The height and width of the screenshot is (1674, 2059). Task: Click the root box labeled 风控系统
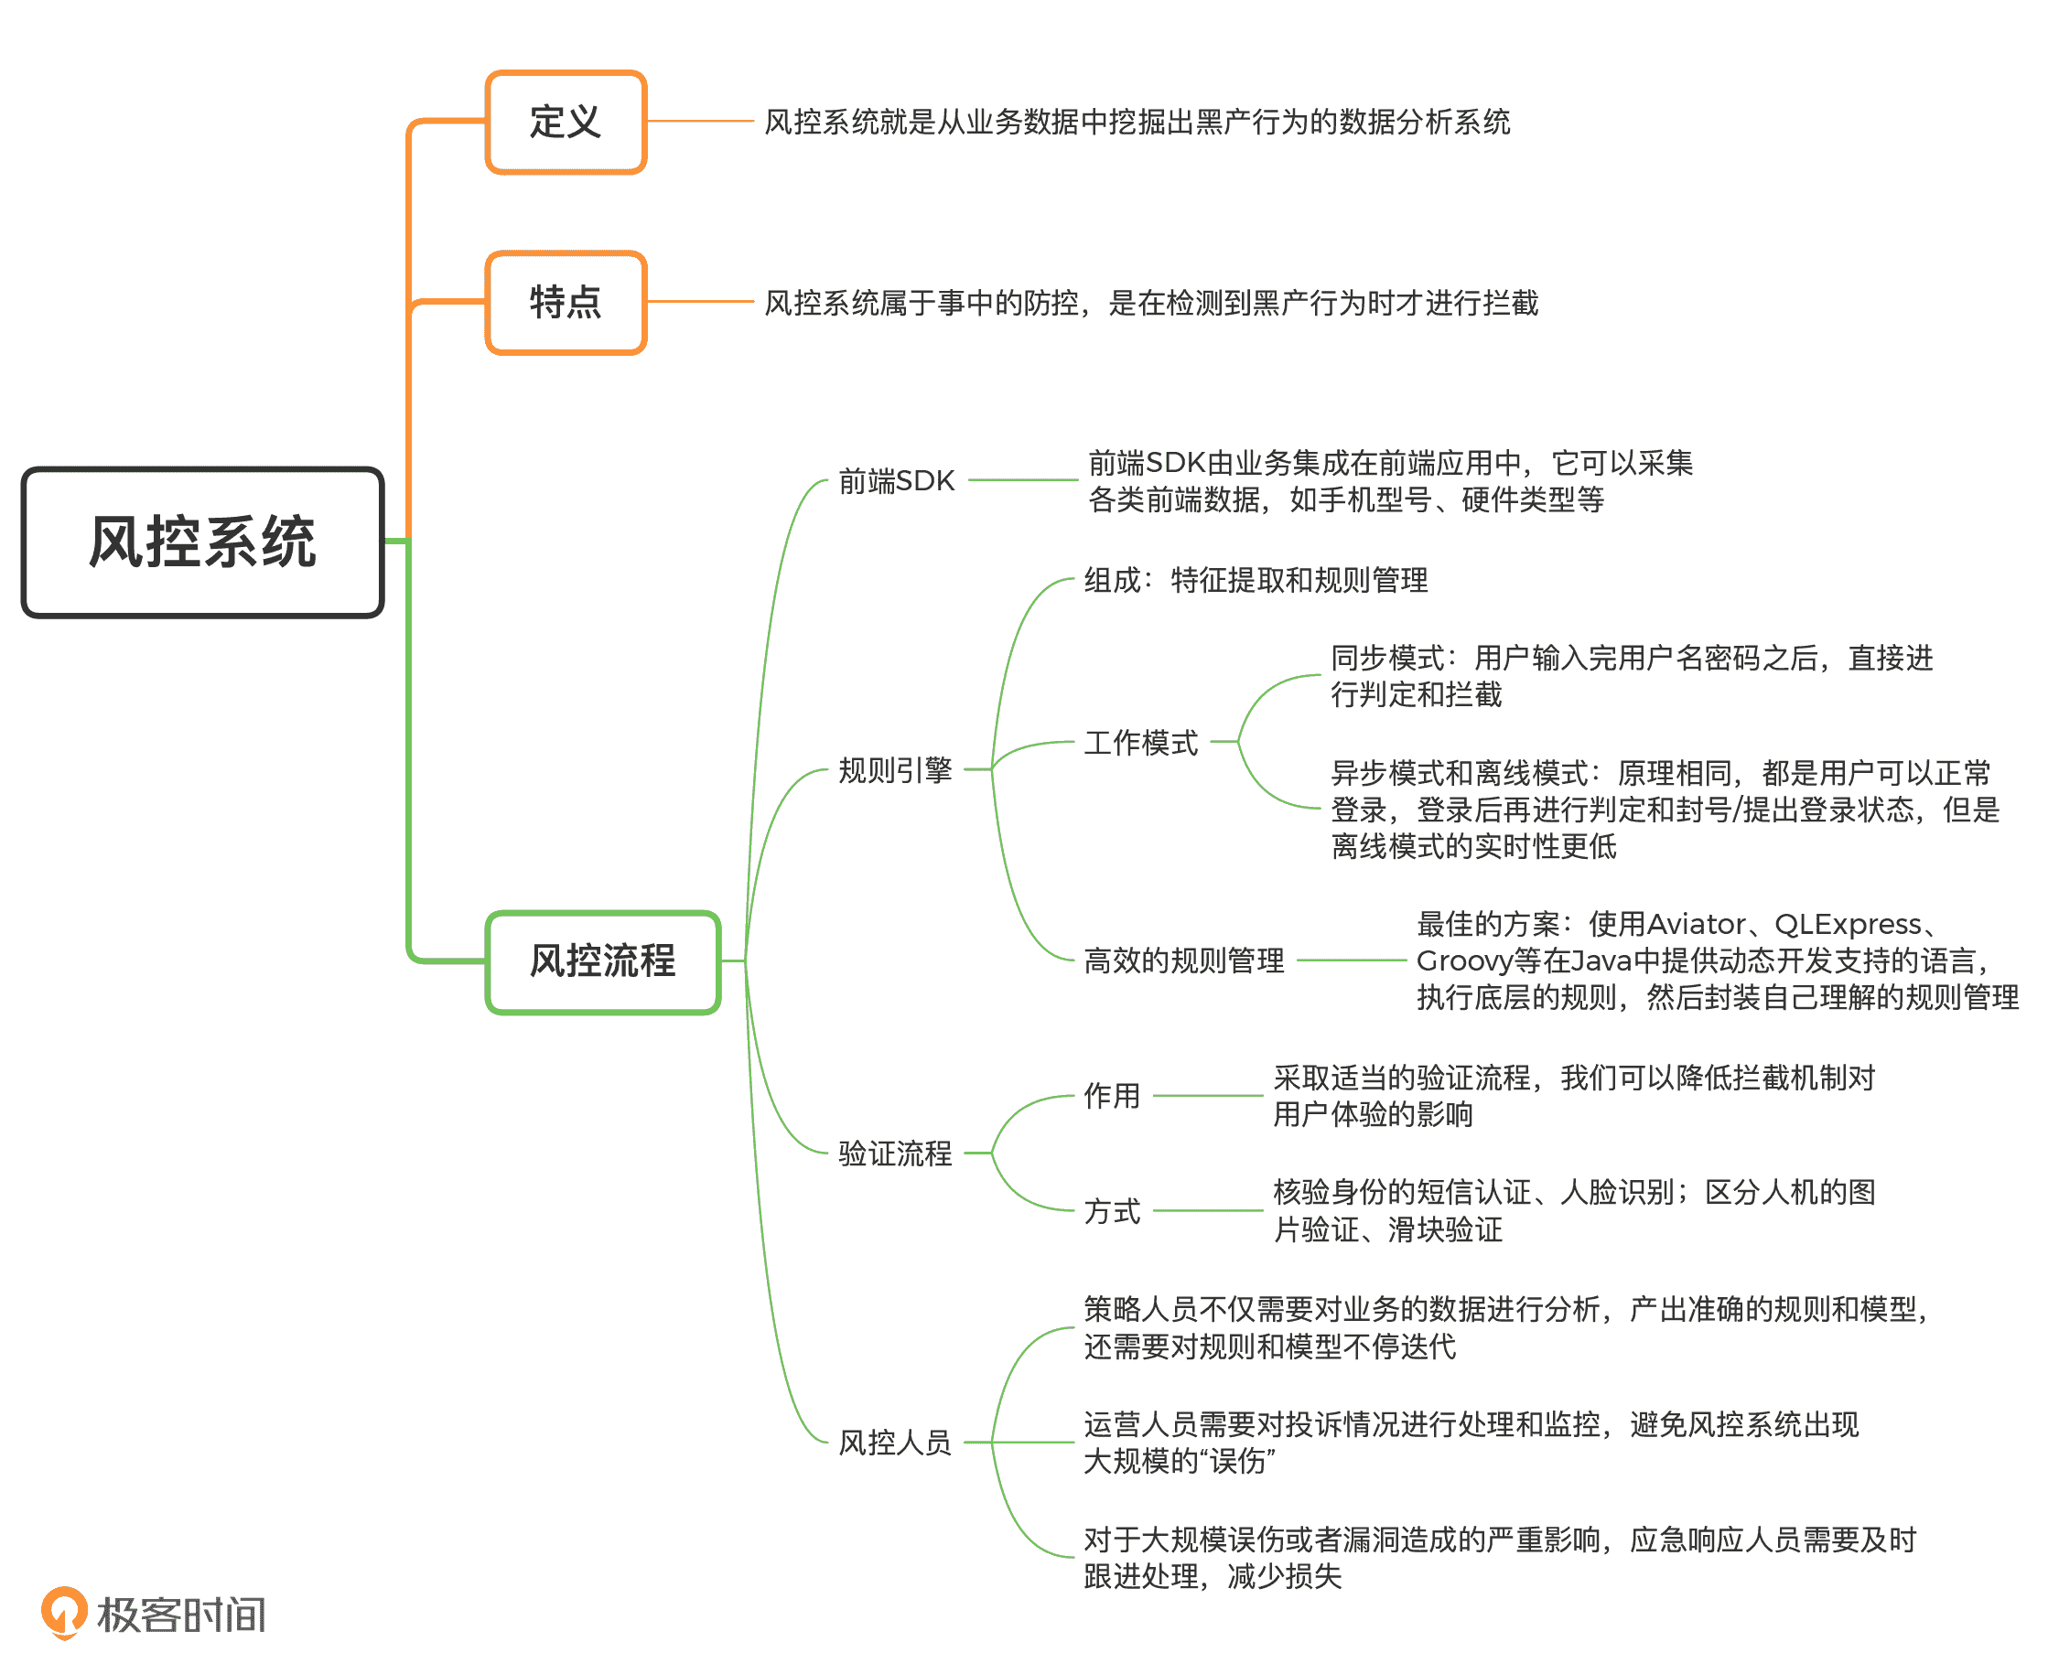[x=202, y=542]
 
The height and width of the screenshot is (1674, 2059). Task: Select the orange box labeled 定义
[x=566, y=123]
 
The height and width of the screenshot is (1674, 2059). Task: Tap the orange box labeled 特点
[x=566, y=303]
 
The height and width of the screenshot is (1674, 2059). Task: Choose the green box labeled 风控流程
[x=603, y=961]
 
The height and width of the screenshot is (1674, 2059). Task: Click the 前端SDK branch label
[x=896, y=480]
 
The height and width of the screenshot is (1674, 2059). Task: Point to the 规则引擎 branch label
[x=894, y=769]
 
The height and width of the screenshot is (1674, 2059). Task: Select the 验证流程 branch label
[x=894, y=1153]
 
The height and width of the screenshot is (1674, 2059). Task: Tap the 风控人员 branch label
[x=894, y=1442]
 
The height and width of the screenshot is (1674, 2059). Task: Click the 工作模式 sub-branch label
[x=1141, y=743]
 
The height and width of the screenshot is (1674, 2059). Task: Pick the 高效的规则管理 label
[x=1183, y=960]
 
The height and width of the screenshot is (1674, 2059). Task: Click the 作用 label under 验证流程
[x=1112, y=1096]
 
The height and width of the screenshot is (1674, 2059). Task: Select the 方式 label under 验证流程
[x=1112, y=1210]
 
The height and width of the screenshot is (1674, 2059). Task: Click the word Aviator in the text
[x=1696, y=924]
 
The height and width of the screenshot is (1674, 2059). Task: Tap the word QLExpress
[x=1847, y=924]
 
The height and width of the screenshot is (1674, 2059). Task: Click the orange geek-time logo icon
[x=64, y=1613]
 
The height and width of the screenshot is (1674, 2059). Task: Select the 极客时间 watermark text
[x=181, y=1615]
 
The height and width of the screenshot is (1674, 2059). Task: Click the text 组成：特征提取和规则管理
[x=1255, y=581]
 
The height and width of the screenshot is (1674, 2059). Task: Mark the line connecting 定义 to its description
[x=699, y=122]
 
